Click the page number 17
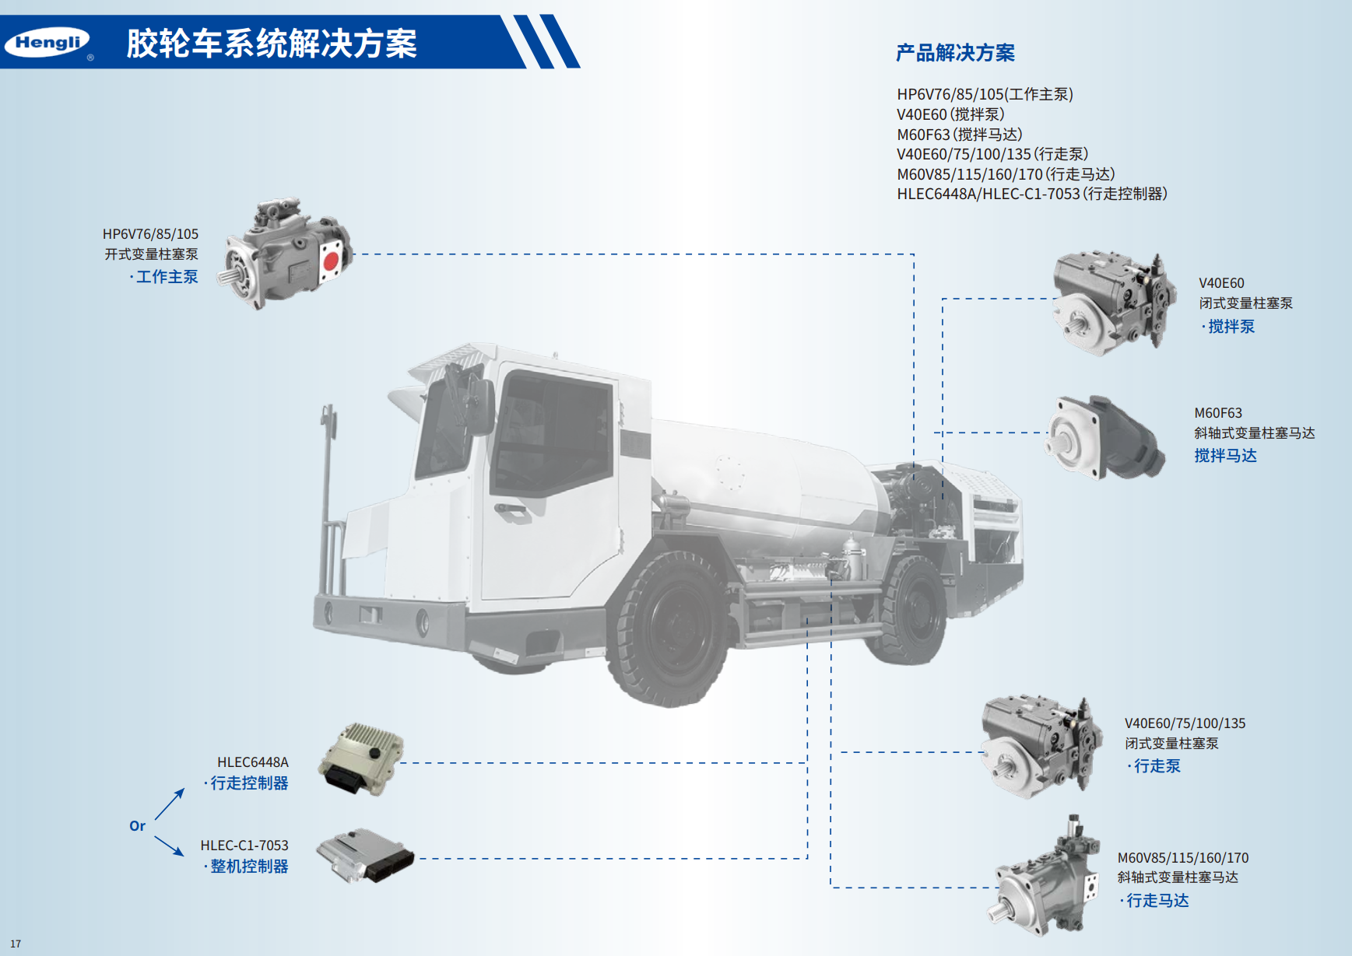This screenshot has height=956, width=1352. coord(16,944)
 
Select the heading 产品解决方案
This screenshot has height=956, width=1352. coord(955,53)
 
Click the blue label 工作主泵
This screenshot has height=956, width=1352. coord(167,277)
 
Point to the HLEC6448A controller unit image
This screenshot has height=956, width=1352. coord(361,758)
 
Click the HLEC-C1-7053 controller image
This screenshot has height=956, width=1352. coord(365,855)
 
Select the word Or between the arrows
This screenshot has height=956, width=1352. coord(137,826)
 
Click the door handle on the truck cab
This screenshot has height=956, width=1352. coord(511,510)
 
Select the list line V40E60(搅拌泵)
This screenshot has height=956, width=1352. coord(950,114)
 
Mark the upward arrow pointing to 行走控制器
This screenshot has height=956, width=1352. coord(170,804)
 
